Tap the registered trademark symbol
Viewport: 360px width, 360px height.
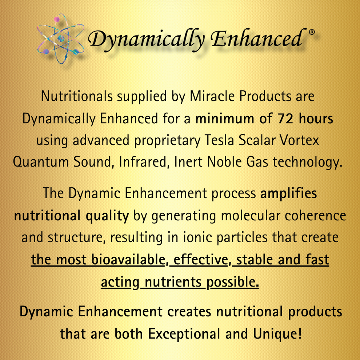click(x=311, y=32)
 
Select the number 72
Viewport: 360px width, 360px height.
click(x=282, y=119)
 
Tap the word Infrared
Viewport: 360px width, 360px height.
click(x=144, y=162)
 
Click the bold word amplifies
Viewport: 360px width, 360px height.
click(x=289, y=193)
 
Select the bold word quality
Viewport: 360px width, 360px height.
click(x=107, y=216)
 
